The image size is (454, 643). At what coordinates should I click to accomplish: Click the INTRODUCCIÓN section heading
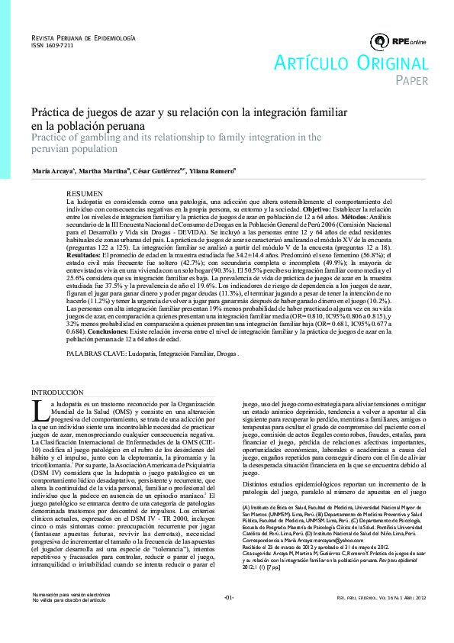[x=63, y=391]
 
